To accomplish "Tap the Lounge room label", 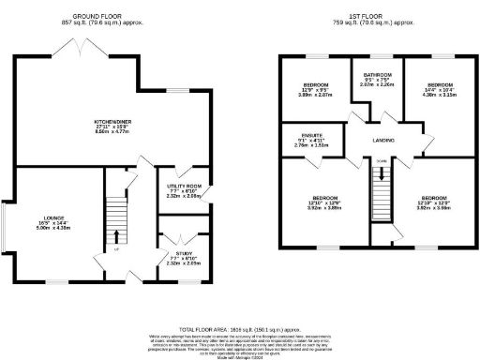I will coord(52,218).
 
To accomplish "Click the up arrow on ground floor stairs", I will coord(117,235).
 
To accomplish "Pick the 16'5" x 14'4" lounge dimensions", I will coord(52,223).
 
